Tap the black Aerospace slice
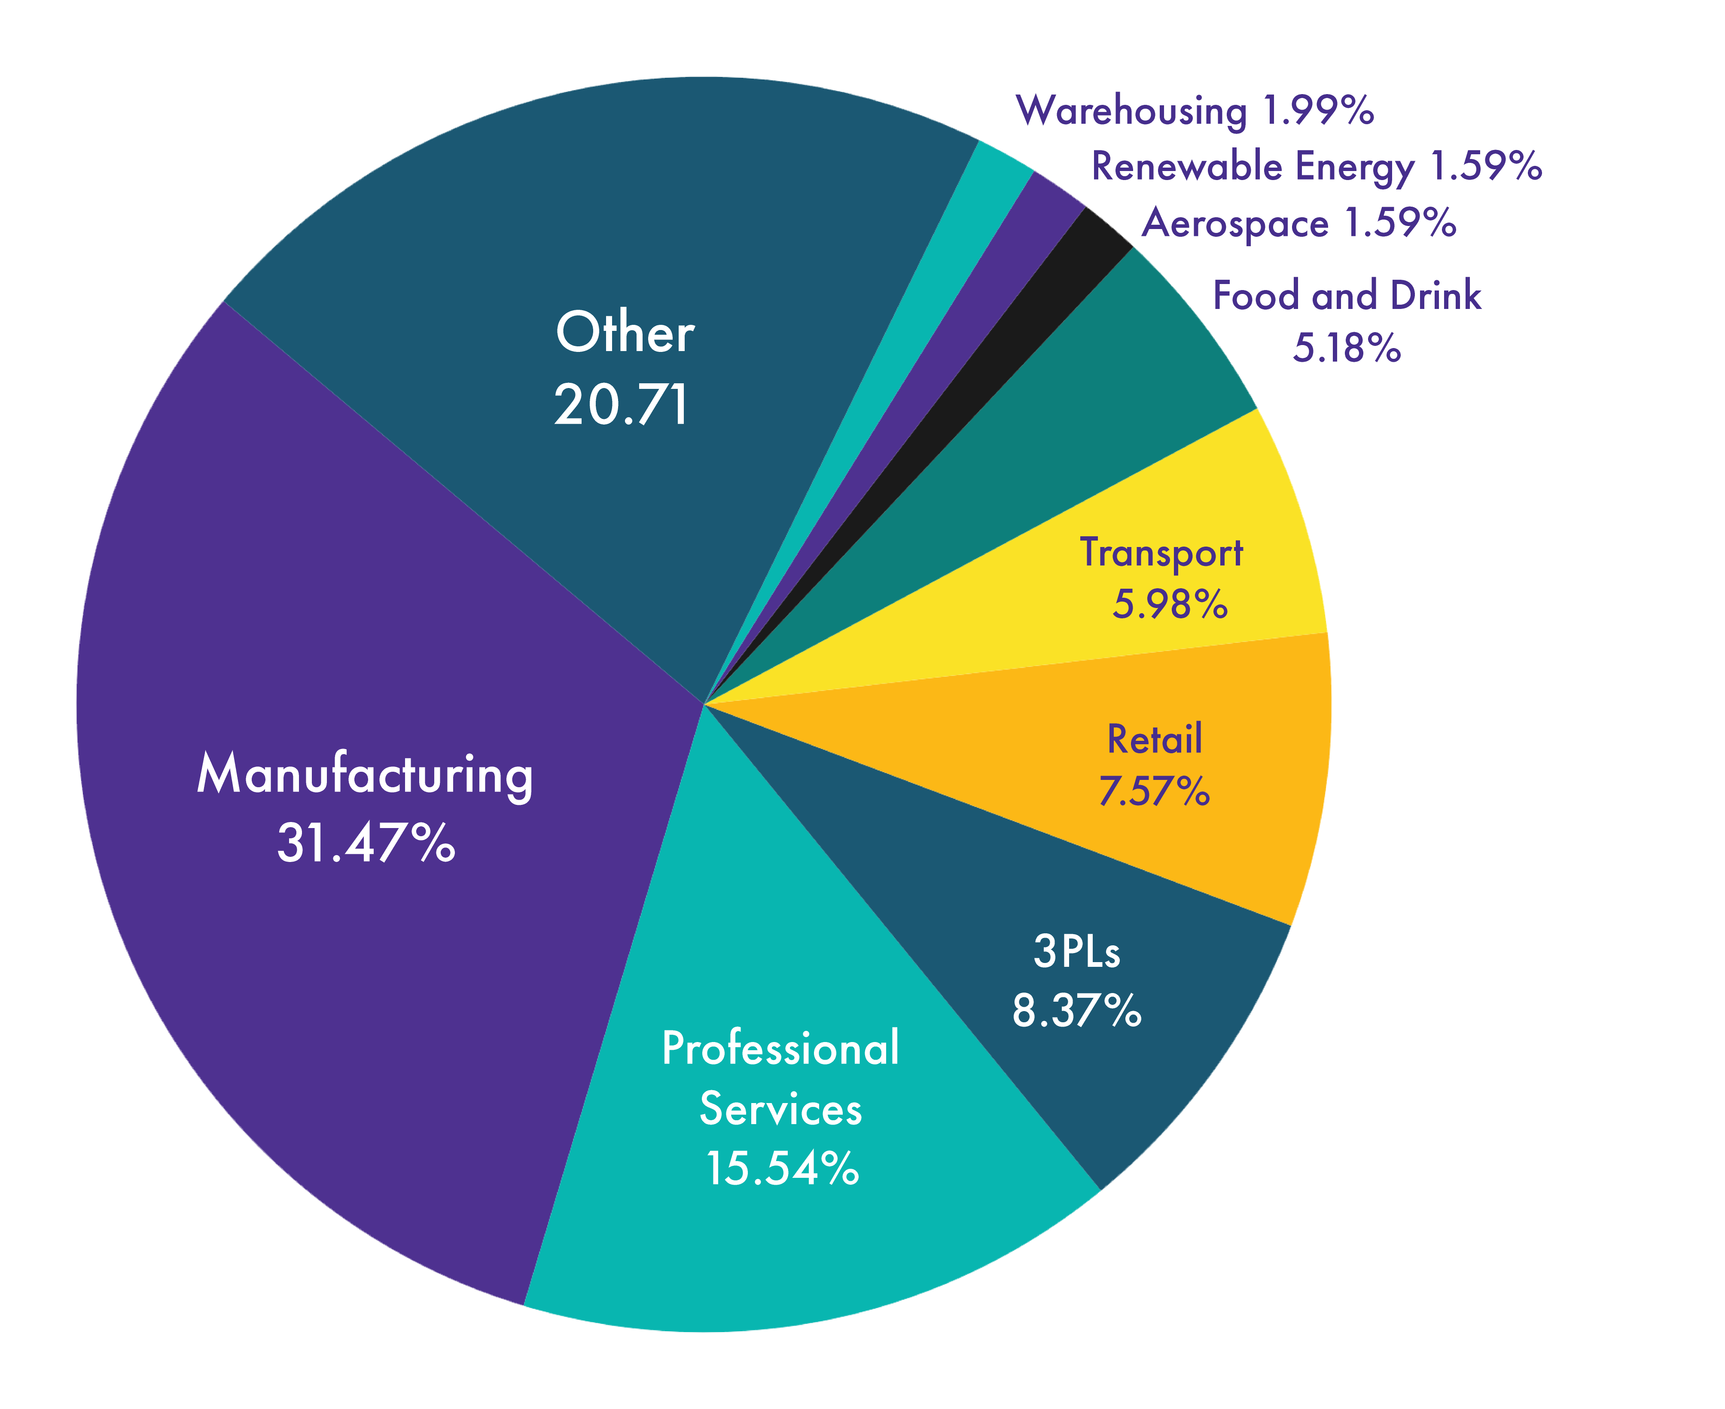[1055, 276]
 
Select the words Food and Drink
[1347, 296]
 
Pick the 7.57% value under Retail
[1154, 792]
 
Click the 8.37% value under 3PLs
[1077, 1011]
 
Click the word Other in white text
[625, 333]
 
